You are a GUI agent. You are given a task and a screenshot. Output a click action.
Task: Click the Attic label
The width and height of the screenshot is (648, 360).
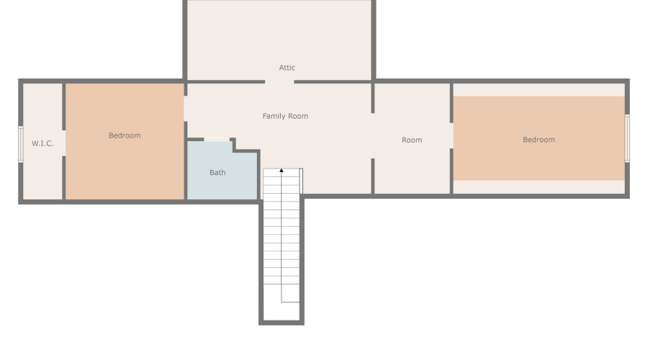point(287,68)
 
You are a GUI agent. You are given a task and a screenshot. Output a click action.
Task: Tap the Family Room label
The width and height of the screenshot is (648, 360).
point(285,116)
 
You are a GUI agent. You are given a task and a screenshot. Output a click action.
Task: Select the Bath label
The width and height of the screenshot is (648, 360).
point(217,173)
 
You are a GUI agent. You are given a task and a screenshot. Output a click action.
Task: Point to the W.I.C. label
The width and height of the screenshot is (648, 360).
point(42,143)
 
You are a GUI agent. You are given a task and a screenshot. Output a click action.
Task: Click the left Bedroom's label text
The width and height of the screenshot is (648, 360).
point(125,135)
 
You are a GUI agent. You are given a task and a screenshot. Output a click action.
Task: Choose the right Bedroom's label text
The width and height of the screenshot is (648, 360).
point(539,140)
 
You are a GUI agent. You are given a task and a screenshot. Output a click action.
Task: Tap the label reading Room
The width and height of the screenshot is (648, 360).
point(412,140)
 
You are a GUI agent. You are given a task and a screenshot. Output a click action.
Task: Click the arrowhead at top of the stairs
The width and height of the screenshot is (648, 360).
point(282,171)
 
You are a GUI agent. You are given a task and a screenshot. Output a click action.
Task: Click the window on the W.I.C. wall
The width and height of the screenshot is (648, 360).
point(21,144)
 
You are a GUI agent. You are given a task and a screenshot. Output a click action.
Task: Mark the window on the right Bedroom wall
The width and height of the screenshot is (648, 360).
point(626,138)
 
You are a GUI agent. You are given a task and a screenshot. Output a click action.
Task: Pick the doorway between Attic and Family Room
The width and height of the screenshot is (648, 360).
point(279,82)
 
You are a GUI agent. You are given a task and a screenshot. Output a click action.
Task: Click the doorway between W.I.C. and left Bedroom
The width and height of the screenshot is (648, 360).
point(64,143)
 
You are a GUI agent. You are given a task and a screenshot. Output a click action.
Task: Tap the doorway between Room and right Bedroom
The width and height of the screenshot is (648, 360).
point(451,136)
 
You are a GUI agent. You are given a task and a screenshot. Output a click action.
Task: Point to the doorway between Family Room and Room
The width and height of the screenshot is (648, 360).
point(373,135)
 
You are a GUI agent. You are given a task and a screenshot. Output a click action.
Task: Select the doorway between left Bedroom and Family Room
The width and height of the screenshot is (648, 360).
point(186,109)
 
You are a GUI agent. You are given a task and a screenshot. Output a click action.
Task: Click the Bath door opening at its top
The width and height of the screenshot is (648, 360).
point(217,139)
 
